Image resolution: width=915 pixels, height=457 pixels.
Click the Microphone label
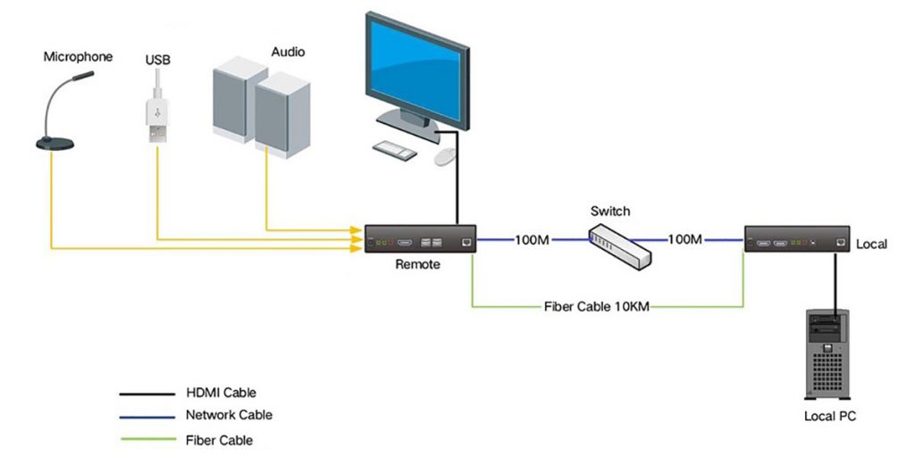[79, 57]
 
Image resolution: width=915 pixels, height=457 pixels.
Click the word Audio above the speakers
[288, 52]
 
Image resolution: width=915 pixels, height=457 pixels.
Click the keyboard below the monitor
[394, 150]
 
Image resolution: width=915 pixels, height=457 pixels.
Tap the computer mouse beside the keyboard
[445, 157]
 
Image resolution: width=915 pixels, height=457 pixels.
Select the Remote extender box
[419, 241]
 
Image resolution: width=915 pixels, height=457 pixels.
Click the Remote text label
[417, 265]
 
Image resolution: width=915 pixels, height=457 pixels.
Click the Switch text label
[610, 212]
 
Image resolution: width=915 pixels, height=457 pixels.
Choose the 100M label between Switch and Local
[685, 240]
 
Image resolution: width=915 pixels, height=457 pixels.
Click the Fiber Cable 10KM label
[596, 307]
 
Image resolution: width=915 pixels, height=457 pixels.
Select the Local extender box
[797, 241]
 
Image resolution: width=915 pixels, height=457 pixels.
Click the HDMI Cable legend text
[221, 393]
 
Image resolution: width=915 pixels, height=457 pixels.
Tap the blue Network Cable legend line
[147, 416]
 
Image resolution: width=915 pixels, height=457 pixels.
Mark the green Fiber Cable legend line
[147, 439]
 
